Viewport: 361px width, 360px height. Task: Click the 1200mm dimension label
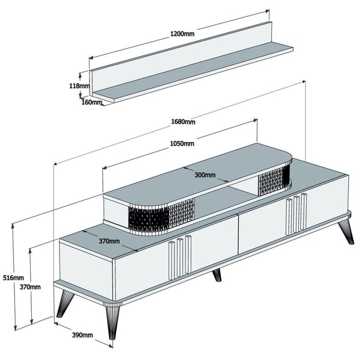pyautogui.click(x=182, y=34)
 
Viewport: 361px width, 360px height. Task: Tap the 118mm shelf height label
pyautogui.click(x=79, y=86)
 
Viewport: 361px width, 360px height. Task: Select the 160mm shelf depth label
pyautogui.click(x=91, y=102)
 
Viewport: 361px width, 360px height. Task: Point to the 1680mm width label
pyautogui.click(x=183, y=122)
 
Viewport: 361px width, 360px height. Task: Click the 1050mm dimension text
pyautogui.click(x=182, y=143)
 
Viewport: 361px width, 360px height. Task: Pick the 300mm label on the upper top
pyautogui.click(x=205, y=175)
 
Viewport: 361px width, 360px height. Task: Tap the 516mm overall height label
pyautogui.click(x=13, y=278)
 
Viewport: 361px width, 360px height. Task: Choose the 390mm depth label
pyautogui.click(x=82, y=335)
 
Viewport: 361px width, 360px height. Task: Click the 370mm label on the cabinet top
pyautogui.click(x=109, y=241)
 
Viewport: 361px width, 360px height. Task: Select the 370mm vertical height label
pyautogui.click(x=30, y=287)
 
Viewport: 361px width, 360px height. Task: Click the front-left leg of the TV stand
pyautogui.click(x=113, y=321)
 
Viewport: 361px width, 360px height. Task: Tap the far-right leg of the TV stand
pyautogui.click(x=347, y=232)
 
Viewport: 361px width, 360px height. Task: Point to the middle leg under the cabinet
pyautogui.click(x=217, y=275)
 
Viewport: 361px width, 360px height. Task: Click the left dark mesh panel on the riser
pyautogui.click(x=161, y=216)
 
